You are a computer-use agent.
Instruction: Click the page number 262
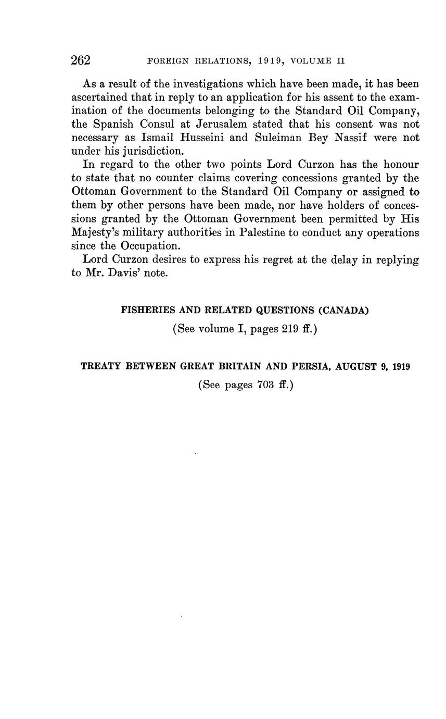pyautogui.click(x=81, y=60)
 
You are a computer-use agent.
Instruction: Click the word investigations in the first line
pyautogui.click(x=208, y=84)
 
